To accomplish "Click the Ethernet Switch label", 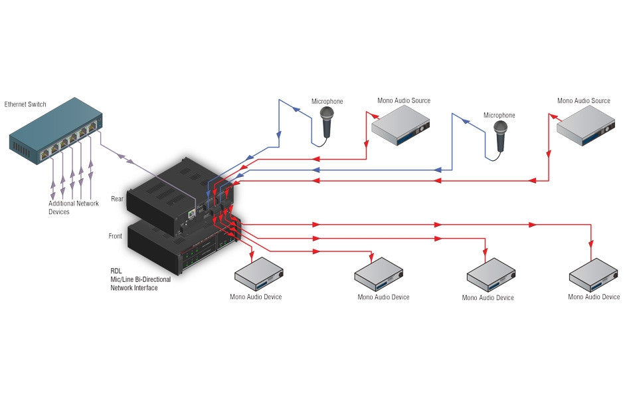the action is pos(25,104).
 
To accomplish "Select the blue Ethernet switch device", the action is pos(56,130).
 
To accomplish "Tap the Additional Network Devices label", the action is pos(73,207).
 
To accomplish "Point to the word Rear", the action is pos(117,199).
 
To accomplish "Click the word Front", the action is pos(115,236).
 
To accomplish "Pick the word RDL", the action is pos(116,271).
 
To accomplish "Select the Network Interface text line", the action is pos(134,288).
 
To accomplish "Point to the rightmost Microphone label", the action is pos(499,115).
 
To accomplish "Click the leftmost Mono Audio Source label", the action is pos(404,101).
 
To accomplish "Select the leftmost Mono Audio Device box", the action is pos(259,274).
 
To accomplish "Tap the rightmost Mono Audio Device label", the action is pos(594,297).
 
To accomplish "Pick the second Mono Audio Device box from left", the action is pos(379,275).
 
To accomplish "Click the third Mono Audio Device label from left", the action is pos(488,297).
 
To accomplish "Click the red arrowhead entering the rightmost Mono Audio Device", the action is pos(590,244).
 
